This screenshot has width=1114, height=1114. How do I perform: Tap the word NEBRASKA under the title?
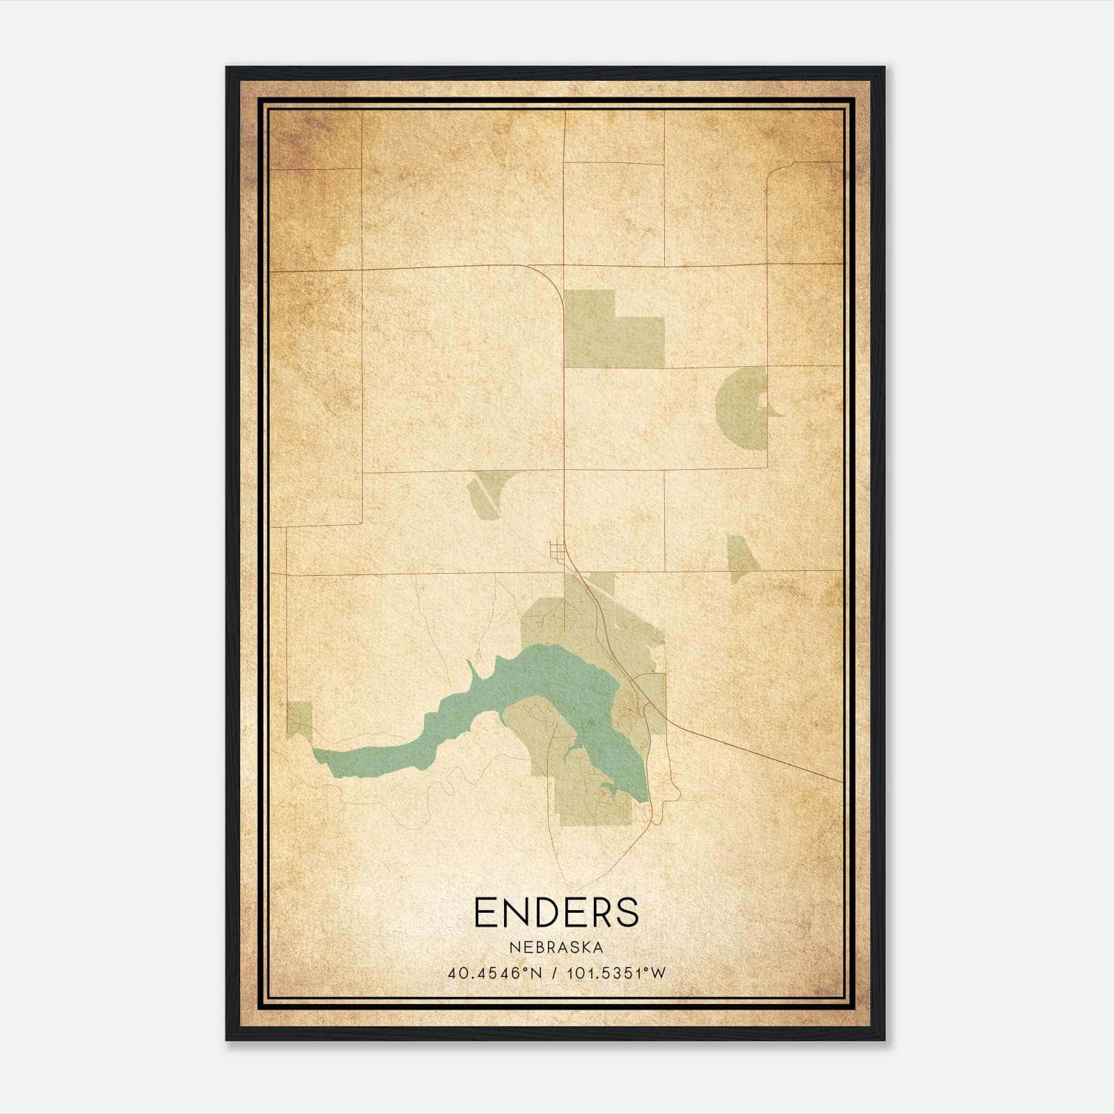556,948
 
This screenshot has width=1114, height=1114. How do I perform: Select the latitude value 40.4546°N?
494,973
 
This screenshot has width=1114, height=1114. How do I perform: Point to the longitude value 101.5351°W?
616,973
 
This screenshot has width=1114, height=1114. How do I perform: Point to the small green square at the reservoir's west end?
299,717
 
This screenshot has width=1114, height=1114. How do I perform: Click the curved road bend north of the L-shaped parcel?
554,282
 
